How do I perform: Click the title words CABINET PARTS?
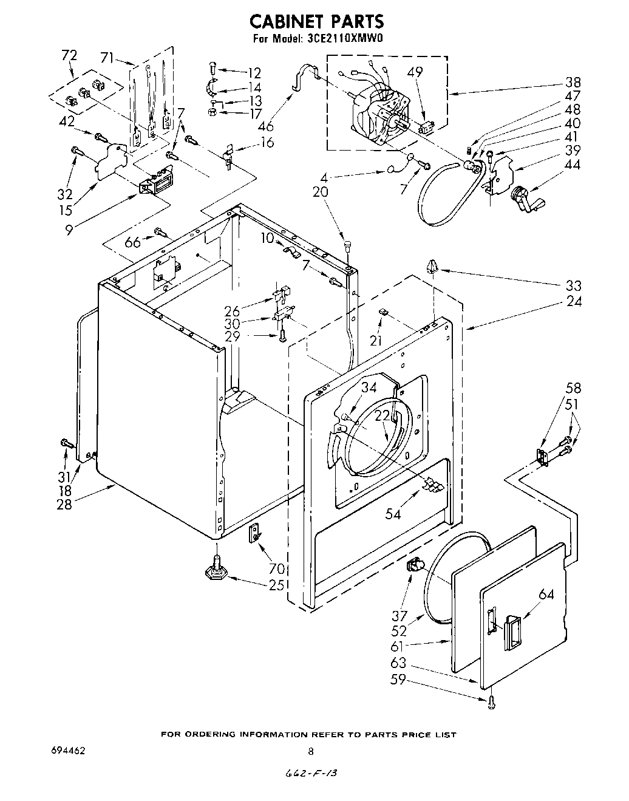tap(317, 21)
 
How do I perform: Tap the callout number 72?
tap(69, 55)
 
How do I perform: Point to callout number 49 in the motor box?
tap(415, 72)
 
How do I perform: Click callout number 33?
tap(573, 285)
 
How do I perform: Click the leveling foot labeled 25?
tap(216, 570)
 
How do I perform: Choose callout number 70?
tap(277, 570)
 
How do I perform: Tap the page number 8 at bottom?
tap(311, 752)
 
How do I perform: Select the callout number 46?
tap(265, 127)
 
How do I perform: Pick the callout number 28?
tap(64, 504)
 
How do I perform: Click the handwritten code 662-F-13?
tap(311, 774)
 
